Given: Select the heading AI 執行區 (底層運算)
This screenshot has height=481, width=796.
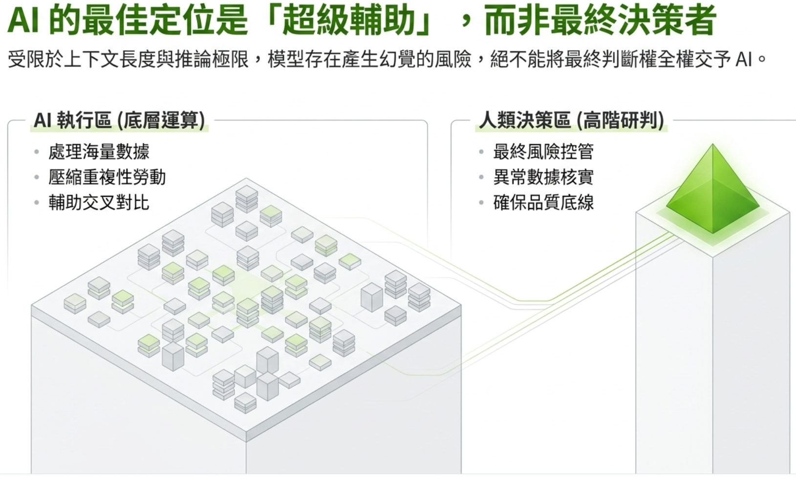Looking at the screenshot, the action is coord(119,121).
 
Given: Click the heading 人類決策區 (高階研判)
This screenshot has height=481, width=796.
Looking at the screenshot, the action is coord(571,121).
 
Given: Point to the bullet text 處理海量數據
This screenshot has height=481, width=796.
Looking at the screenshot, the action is coord(99,152).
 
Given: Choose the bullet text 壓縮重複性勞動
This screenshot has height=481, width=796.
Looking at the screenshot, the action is coord(107,177).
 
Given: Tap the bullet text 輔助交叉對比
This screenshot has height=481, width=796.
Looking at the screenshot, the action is coord(99,203).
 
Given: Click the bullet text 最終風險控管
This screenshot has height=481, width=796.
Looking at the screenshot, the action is coord(543,152).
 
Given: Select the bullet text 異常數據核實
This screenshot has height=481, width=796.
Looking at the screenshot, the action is coord(543,177).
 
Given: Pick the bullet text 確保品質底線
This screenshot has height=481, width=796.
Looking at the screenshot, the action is coord(543,203).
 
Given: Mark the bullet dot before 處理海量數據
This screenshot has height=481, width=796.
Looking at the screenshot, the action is coord(37,152).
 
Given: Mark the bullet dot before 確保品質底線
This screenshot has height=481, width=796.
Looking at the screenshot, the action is coord(481,203).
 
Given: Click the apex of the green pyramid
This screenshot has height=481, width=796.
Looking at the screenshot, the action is coord(712,144).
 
